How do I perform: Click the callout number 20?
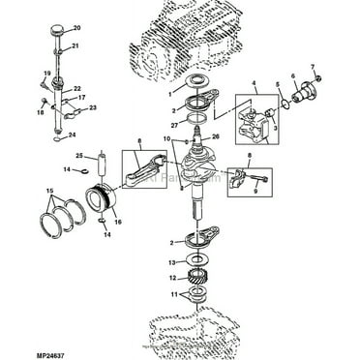pyautogui.click(x=77, y=28)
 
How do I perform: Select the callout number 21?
pyautogui.click(x=76, y=46)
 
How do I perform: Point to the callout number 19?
pyautogui.click(x=45, y=75)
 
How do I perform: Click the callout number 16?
pyautogui.click(x=117, y=222)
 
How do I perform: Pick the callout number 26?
pyautogui.click(x=216, y=136)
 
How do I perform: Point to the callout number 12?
pyautogui.click(x=170, y=279)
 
